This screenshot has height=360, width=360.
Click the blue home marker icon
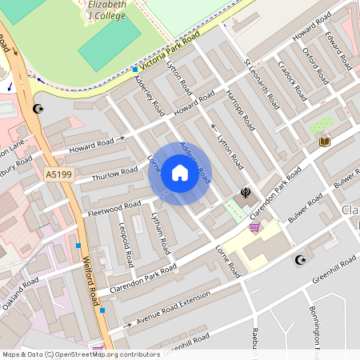180,174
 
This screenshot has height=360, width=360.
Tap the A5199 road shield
58,174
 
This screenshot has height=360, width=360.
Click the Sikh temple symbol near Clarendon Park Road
245,193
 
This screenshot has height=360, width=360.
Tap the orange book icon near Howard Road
324,142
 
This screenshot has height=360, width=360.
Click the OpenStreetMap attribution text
81,354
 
